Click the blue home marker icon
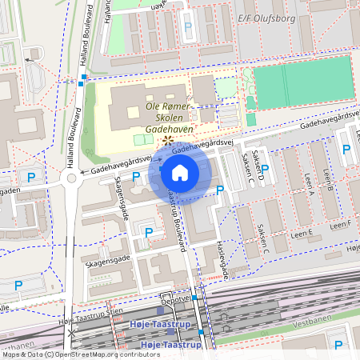[180, 173]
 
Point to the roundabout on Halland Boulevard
[72, 179]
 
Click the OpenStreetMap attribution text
[80, 354]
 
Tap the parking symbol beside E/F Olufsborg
[188, 26]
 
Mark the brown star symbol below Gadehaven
[166, 141]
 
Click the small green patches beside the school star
[142, 139]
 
